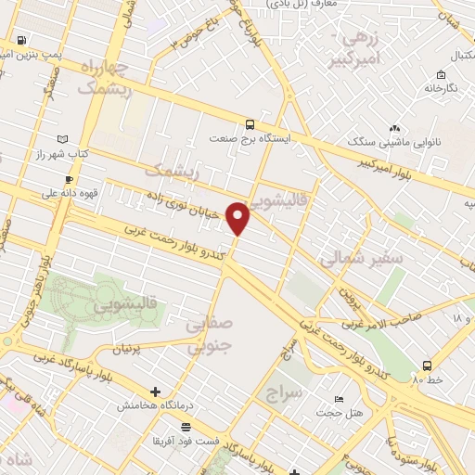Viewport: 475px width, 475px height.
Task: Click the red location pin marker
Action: click(238, 218)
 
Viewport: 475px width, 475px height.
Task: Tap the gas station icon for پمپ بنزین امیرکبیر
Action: click(19, 41)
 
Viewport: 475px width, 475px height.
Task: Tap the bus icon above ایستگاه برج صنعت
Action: click(249, 123)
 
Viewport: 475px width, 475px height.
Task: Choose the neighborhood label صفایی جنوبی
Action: click(208, 337)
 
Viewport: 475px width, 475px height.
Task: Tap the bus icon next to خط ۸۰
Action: click(427, 365)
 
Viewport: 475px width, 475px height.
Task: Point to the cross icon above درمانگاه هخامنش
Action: click(155, 392)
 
